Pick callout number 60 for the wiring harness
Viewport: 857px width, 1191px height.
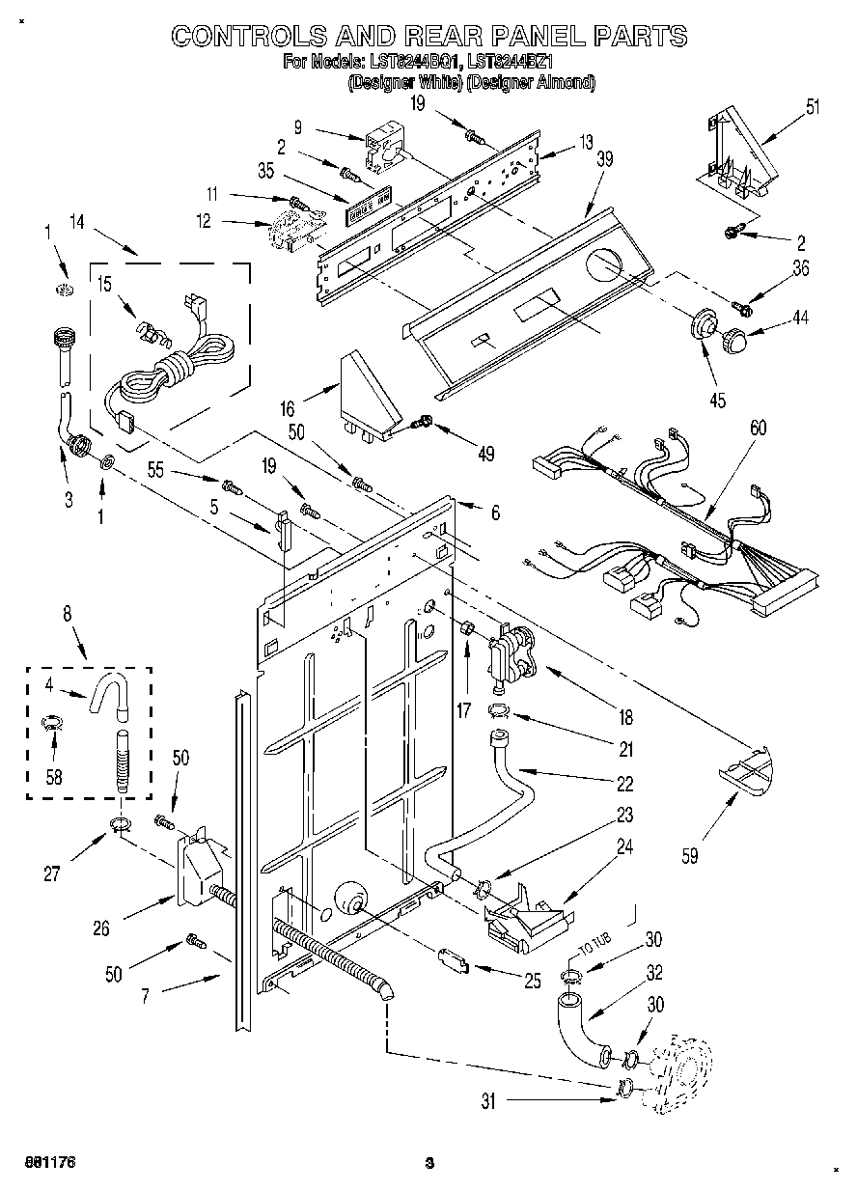759,428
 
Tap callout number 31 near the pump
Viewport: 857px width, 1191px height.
488,1100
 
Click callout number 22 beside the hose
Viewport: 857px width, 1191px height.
624,783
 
